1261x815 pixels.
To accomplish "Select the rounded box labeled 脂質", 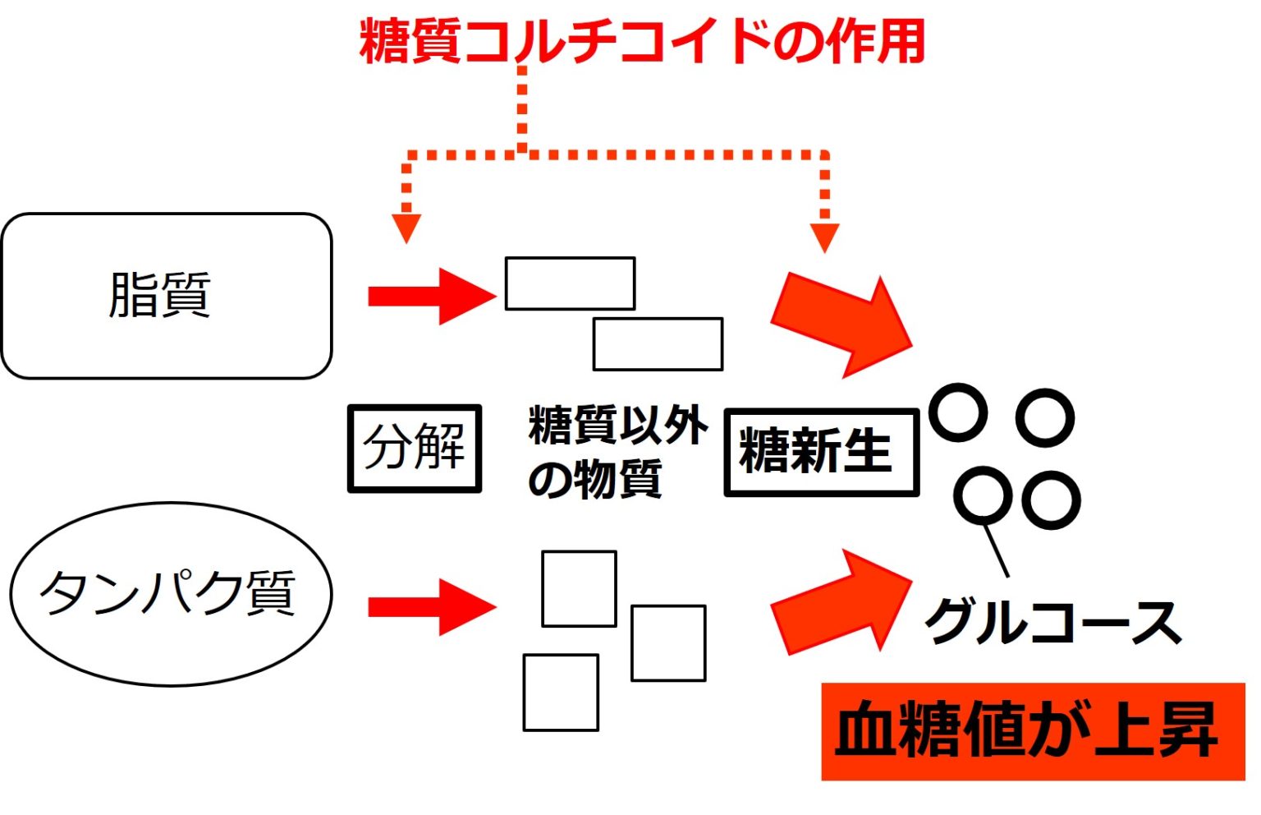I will (166, 296).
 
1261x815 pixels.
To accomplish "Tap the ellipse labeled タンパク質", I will (171, 593).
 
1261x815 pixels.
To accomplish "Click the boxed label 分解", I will (414, 448).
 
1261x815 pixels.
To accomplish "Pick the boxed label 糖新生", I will (820, 452).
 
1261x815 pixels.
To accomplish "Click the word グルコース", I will (1052, 623).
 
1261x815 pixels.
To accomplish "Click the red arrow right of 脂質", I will (431, 296).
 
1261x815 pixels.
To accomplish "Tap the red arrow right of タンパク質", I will (431, 607).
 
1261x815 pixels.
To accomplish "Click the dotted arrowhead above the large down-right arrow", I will (824, 237).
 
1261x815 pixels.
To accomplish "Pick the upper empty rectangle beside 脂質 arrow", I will (570, 283).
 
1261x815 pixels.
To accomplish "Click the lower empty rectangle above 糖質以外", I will (658, 344).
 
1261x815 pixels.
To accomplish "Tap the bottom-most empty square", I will (561, 693).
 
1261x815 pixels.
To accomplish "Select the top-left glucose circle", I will (957, 412).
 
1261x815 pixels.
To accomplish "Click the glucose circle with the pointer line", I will (982, 495).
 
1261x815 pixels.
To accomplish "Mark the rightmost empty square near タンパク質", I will (668, 643).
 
